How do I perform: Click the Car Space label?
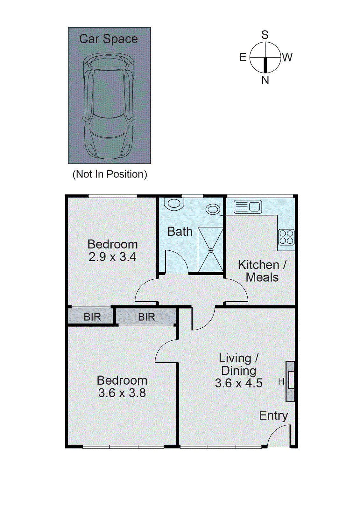[108, 39]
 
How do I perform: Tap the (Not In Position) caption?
[110, 174]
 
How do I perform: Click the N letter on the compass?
[265, 80]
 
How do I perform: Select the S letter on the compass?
[265, 35]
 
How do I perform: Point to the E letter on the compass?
[243, 57]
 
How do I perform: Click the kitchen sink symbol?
[248, 207]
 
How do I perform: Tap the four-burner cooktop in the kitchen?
[286, 237]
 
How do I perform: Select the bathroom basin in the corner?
[174, 203]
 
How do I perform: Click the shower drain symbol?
[211, 250]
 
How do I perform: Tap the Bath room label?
[180, 231]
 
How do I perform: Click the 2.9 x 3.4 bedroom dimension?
[112, 257]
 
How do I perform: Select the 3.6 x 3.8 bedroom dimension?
[122, 393]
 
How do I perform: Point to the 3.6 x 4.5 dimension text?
[238, 383]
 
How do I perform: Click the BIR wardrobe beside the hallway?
[146, 317]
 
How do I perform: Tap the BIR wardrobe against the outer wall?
[92, 317]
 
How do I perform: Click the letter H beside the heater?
[281, 381]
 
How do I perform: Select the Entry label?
[273, 415]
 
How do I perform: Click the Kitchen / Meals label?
[262, 271]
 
